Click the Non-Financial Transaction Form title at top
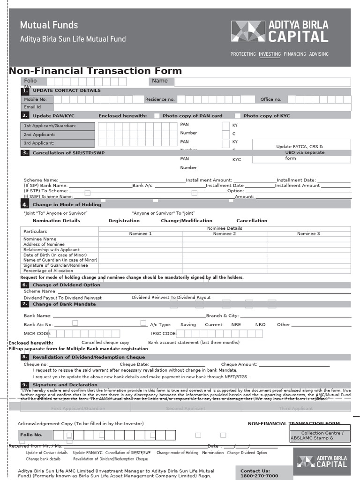(x=95, y=71)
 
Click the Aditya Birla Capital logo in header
(x=279, y=31)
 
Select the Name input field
(x=262, y=82)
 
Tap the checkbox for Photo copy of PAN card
(x=157, y=116)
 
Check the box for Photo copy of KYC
(x=238, y=116)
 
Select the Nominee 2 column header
(x=225, y=233)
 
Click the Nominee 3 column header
(x=308, y=233)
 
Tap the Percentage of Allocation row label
(x=48, y=270)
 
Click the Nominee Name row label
(x=40, y=239)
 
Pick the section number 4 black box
(x=25, y=204)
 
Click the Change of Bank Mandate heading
(x=64, y=304)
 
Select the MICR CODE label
(x=36, y=334)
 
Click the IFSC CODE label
(x=163, y=334)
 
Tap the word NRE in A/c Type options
(x=236, y=324)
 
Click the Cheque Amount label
(x=239, y=364)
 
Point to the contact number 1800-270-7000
(x=259, y=476)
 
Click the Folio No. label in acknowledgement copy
(x=31, y=435)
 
